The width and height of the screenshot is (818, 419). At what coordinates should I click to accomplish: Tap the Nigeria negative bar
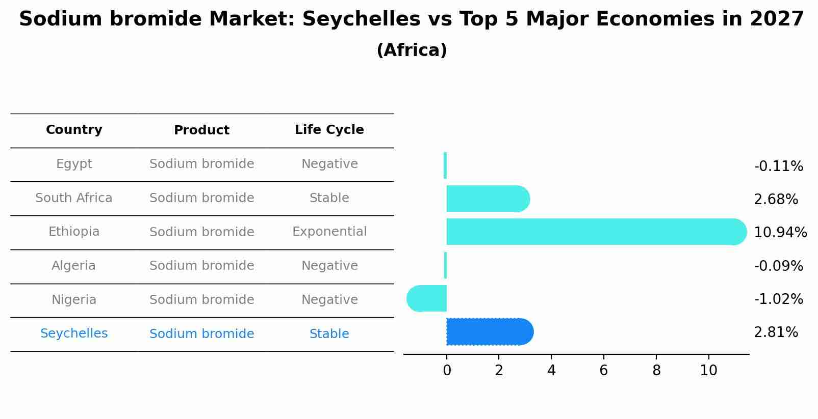pyautogui.click(x=427, y=298)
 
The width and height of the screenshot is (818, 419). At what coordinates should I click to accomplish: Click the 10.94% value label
pyautogui.click(x=780, y=233)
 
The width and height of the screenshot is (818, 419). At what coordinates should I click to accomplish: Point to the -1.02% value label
pyautogui.click(x=778, y=299)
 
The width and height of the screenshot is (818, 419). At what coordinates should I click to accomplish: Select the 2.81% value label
pyautogui.click(x=776, y=332)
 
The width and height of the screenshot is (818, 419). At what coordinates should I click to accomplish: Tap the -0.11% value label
pyautogui.click(x=778, y=166)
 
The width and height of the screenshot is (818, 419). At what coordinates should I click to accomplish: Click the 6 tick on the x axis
pyautogui.click(x=604, y=371)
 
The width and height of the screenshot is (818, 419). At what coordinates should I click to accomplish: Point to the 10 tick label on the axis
pyautogui.click(x=708, y=371)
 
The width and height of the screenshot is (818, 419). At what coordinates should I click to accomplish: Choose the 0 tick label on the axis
pyautogui.click(x=447, y=371)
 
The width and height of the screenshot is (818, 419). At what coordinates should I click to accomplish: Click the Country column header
pyautogui.click(x=74, y=130)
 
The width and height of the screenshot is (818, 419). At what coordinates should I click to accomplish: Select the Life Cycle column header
pyautogui.click(x=329, y=130)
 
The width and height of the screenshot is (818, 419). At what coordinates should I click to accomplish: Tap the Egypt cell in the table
pyautogui.click(x=74, y=164)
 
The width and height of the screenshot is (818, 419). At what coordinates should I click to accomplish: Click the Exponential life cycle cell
pyautogui.click(x=329, y=232)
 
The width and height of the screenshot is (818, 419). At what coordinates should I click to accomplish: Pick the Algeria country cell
pyautogui.click(x=73, y=266)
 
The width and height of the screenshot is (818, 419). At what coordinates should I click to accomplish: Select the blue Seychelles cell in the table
pyautogui.click(x=74, y=333)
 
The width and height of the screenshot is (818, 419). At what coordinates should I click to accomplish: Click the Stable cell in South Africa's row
pyautogui.click(x=329, y=198)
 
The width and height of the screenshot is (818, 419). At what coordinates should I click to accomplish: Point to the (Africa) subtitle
pyautogui.click(x=412, y=50)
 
